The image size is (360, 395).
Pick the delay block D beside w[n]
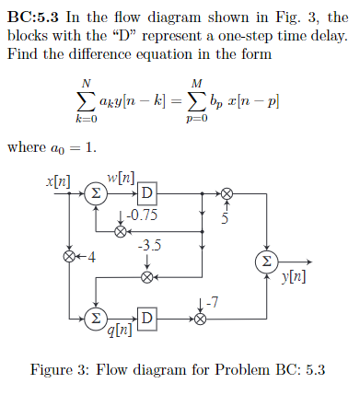click(146, 193)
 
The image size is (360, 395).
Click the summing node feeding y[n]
click(267, 261)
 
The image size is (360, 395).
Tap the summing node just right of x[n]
click(96, 193)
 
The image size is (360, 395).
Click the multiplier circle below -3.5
click(146, 274)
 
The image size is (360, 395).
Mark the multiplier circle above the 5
click(226, 193)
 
